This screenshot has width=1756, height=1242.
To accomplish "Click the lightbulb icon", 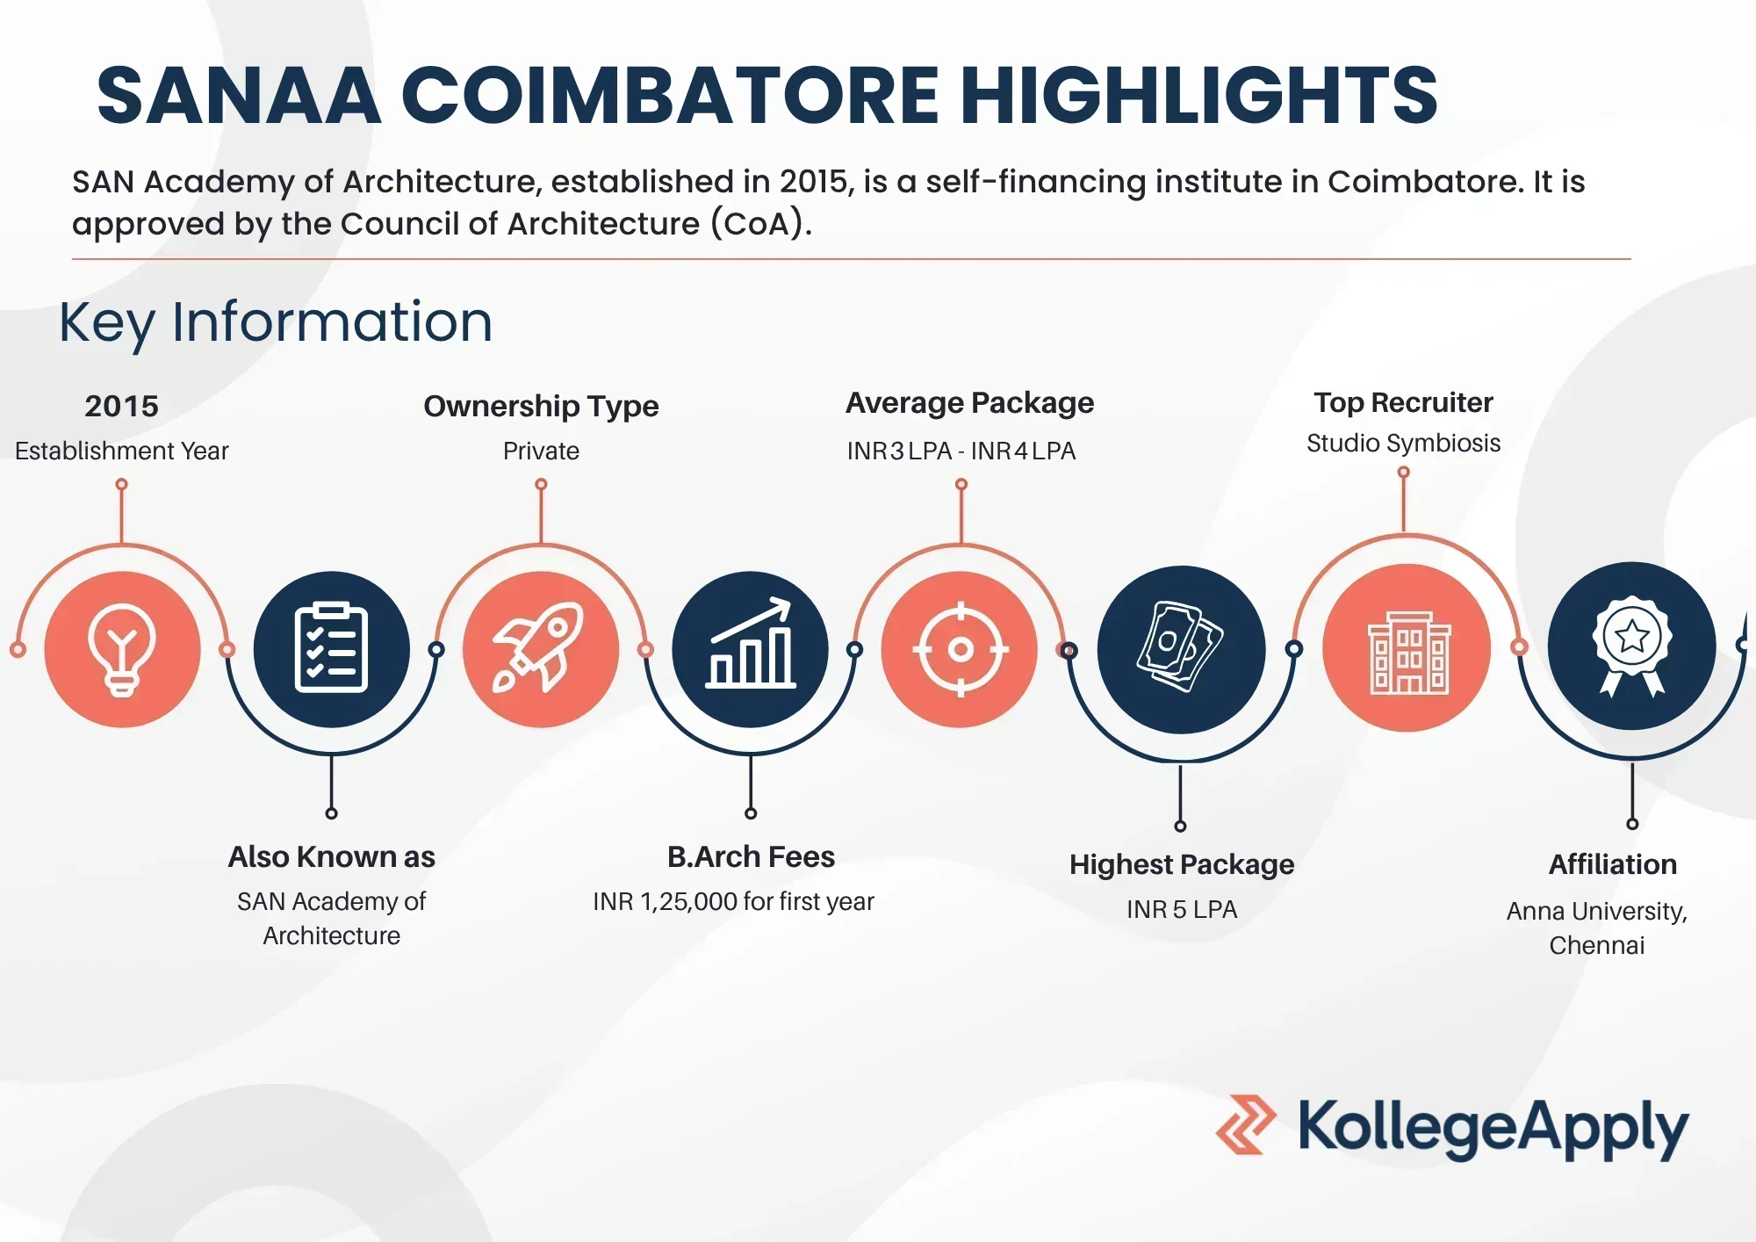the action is pos(122,650).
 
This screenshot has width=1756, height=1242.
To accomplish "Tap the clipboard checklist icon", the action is pos(331,648).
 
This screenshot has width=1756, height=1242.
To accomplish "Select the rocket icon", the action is pos(540,648).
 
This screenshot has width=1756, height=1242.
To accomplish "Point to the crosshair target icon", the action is pos(961,649).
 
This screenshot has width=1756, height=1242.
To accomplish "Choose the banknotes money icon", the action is pos(1180,646).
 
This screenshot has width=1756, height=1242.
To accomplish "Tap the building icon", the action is pos(1408,653).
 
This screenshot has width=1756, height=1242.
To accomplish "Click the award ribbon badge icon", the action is pos(1631,646).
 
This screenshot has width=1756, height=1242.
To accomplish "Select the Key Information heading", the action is pos(276,322).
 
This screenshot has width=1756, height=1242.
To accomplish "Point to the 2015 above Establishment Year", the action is pos(121,406).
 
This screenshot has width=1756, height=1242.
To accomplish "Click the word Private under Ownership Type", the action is pos(541,451).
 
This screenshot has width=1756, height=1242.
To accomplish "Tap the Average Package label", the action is pos(969,403).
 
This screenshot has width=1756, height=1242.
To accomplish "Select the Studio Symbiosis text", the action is pos(1403,443).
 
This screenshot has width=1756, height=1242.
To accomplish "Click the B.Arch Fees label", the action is pos(751,856).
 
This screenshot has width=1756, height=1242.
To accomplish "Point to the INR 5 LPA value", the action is pos(1182,909).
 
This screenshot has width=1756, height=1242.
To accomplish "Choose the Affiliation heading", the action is pos(1613,864).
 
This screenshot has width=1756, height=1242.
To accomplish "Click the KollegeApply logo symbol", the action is pos(1246,1124).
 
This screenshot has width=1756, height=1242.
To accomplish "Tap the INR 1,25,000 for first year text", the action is pos(733,901).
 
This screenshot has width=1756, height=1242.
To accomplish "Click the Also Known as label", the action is pos(331,856).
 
